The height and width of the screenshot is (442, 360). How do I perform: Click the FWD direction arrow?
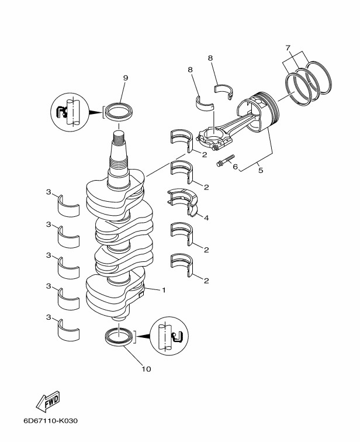pos(48,401)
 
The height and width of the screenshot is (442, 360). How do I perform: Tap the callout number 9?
pos(126,78)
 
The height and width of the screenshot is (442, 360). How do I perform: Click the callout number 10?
pos(147,369)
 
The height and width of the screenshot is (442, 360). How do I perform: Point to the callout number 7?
pos(288,48)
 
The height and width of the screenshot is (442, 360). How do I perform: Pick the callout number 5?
pos(261,171)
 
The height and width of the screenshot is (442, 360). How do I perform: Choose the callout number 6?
pos(235,167)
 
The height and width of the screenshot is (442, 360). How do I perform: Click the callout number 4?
pos(206,218)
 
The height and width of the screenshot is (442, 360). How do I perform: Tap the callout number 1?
pos(164,290)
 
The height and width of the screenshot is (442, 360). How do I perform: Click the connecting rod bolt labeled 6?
pos(226,160)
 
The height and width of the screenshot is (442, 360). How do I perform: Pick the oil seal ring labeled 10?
pos(119,336)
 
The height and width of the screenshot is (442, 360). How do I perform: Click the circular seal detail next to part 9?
pos(70,112)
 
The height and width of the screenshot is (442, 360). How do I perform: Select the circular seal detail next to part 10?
pos(169,336)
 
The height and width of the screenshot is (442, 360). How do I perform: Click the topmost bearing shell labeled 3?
pos(68,206)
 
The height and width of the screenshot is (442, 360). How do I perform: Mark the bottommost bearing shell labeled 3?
pos(68,329)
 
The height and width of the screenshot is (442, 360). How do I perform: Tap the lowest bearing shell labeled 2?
pos(182,264)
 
